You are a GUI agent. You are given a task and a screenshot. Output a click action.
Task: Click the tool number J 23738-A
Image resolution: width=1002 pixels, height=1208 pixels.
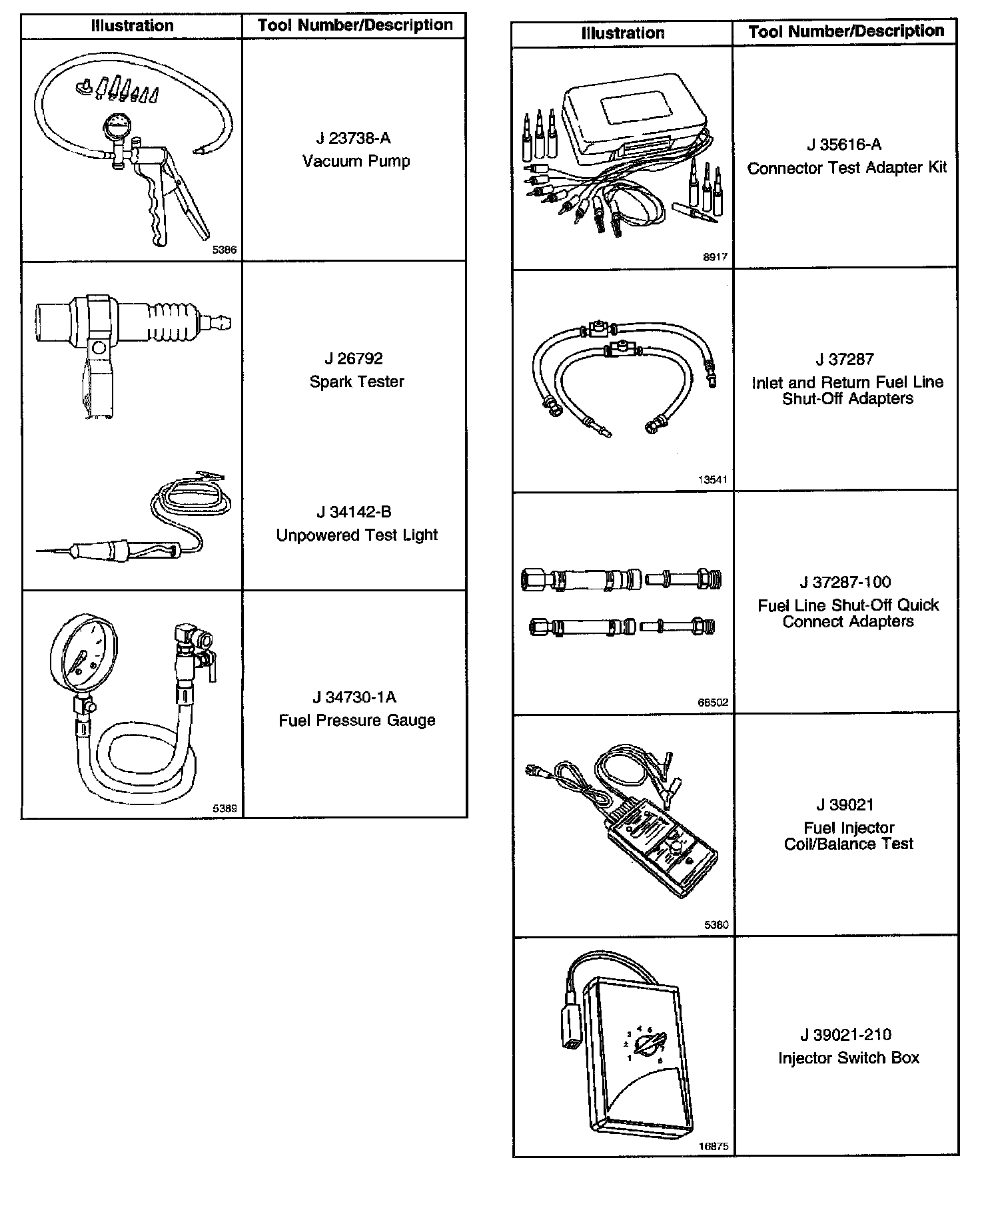353,138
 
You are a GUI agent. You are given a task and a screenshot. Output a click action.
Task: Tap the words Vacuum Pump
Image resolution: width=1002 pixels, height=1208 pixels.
356,161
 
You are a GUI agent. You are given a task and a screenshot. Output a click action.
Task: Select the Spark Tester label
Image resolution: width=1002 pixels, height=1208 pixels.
356,382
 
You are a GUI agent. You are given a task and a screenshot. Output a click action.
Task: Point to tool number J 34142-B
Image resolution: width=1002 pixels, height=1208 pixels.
353,512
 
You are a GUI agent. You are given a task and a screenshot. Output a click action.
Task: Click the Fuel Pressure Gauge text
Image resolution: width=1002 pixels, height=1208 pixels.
356,721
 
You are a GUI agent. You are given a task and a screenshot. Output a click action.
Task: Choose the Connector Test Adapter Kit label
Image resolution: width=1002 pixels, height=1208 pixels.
846,168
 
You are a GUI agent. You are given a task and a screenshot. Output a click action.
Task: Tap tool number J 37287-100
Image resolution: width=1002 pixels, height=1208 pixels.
845,582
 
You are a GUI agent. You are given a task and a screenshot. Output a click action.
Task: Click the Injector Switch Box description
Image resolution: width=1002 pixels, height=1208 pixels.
848,1058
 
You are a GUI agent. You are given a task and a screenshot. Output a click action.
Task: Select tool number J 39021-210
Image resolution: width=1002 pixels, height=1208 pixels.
845,1035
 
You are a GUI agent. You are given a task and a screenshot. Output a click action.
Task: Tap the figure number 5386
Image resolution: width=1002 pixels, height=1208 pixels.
224,250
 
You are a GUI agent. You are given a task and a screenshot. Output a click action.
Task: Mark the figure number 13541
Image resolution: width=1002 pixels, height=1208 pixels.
712,479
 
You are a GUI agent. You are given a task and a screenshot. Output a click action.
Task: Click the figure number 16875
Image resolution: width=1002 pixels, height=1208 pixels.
713,1147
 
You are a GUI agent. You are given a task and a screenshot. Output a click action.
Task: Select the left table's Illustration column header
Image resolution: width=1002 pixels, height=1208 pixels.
132,26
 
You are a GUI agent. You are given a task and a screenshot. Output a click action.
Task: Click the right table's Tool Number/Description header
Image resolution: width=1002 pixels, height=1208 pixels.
845,31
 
